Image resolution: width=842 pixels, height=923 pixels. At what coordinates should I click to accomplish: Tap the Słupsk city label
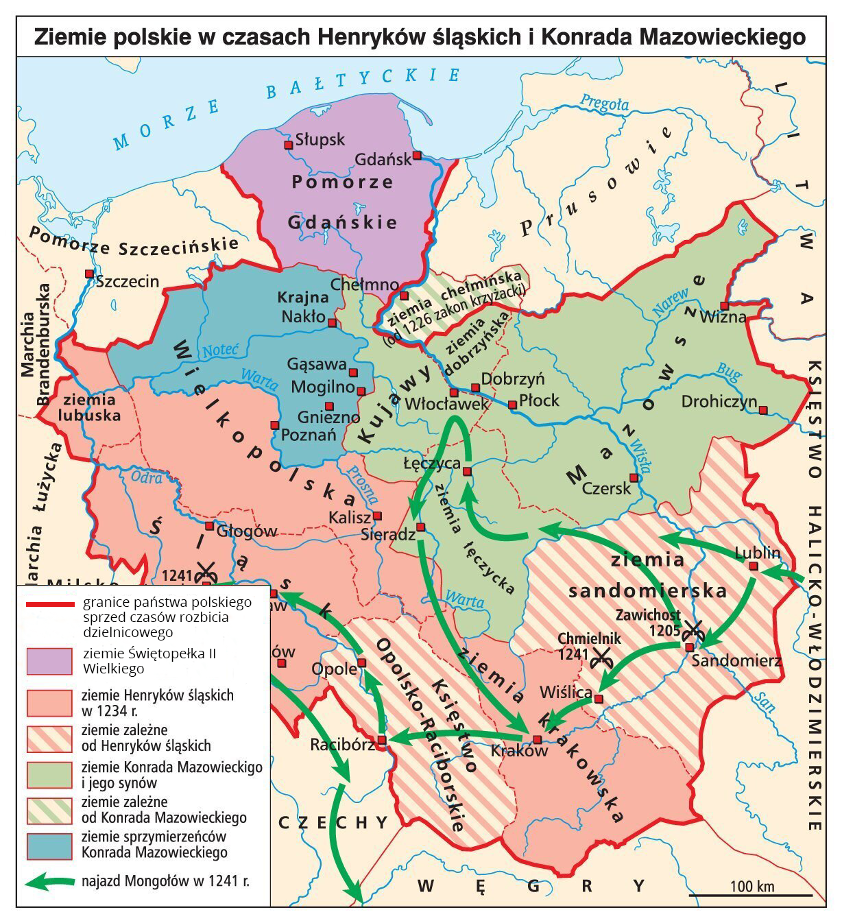click(x=320, y=140)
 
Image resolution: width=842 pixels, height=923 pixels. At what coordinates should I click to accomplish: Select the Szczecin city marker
click(x=88, y=274)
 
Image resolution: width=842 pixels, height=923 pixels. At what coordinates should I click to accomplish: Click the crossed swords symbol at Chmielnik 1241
click(x=601, y=657)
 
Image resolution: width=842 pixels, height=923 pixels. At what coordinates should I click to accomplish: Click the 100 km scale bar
click(x=751, y=895)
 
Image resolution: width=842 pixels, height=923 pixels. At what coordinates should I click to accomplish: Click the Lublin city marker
click(x=754, y=566)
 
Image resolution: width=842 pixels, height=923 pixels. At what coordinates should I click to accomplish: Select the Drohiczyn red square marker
click(x=763, y=410)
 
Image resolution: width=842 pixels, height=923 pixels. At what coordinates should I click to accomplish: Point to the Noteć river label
click(x=219, y=351)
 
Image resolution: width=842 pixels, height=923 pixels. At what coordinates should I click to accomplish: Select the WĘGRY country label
click(x=531, y=886)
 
